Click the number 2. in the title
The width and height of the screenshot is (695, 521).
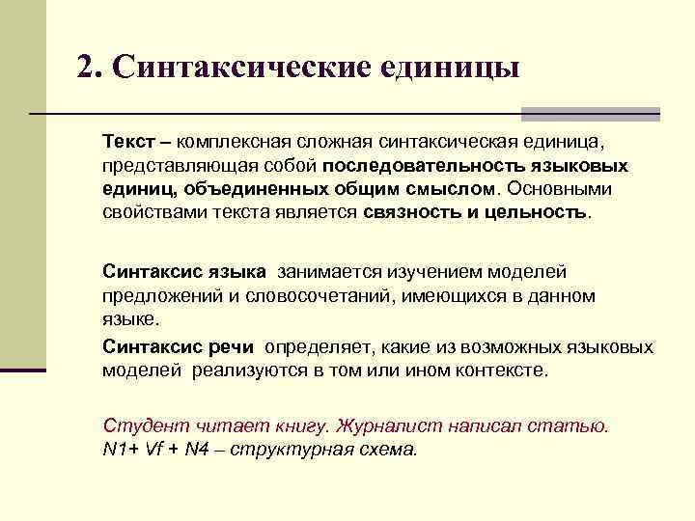point(91,68)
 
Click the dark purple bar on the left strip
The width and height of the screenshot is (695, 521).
point(23,369)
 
